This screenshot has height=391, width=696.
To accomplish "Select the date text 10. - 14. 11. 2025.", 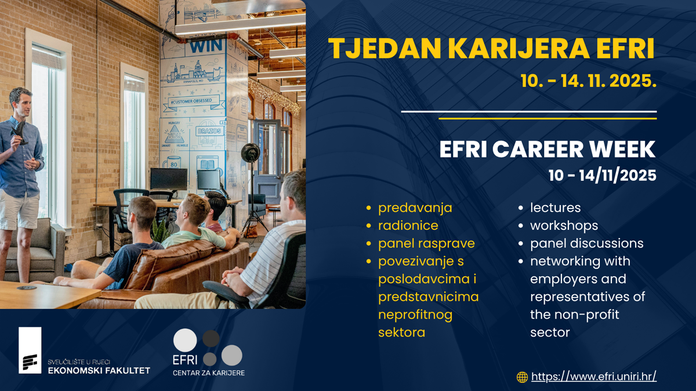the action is [x=589, y=81].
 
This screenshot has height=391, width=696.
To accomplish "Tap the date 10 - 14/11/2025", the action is [x=603, y=176].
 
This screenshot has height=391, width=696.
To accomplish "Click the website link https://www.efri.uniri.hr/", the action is [x=594, y=377].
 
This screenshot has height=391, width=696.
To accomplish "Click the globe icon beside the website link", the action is [x=522, y=377].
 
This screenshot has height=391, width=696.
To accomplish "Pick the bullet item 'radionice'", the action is [x=408, y=225].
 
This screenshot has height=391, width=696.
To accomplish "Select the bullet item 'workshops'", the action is [x=564, y=226].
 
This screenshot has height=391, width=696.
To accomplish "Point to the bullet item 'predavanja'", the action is [x=415, y=208].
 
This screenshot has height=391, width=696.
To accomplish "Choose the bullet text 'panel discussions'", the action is [x=586, y=243].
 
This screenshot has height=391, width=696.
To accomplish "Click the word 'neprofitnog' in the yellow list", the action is [x=415, y=315].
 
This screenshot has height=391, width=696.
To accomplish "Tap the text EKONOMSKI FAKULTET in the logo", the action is [x=99, y=371].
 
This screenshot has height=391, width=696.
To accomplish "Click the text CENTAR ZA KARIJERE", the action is [x=208, y=372].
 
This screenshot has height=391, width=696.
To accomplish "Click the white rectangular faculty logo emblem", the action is [x=30, y=350].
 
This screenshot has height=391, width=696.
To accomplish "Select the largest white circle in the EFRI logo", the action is [x=185, y=341].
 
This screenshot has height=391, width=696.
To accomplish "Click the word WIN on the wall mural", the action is [x=206, y=46].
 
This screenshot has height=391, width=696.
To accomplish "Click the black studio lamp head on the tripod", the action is [x=251, y=152].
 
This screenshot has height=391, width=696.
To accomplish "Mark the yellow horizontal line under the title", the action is [x=548, y=119].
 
